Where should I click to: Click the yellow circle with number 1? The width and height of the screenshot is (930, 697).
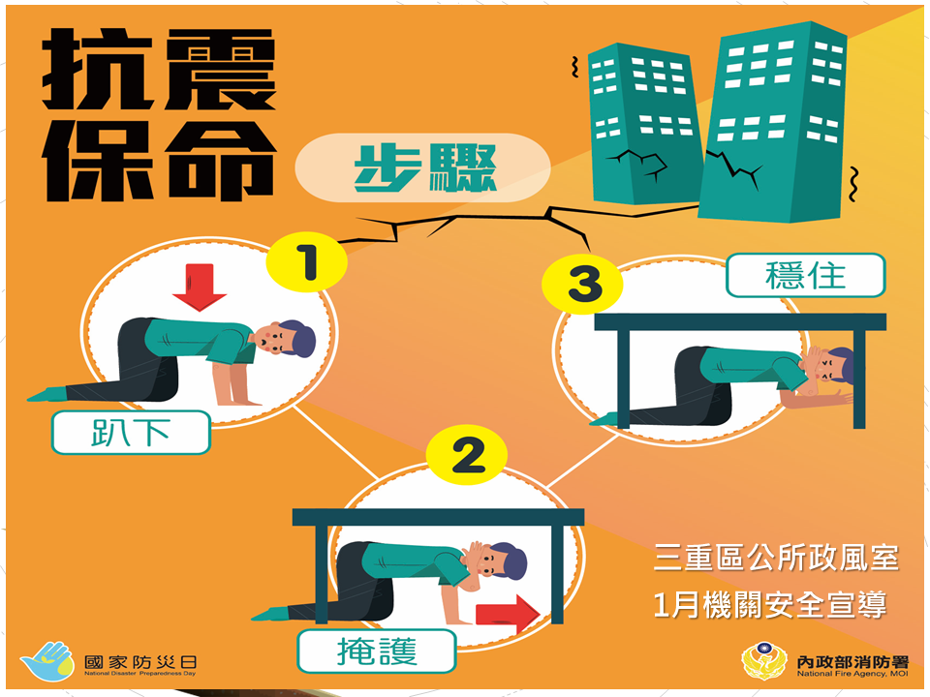(x=308, y=262)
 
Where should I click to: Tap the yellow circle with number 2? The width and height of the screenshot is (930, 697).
(x=468, y=456)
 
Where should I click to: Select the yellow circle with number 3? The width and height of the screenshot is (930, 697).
(x=584, y=284)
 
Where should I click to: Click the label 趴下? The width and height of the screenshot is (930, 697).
(x=131, y=433)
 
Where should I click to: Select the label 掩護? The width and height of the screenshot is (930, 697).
(x=376, y=651)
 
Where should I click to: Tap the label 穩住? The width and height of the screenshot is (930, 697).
(x=805, y=275)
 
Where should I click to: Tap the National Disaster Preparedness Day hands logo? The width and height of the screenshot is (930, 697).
(x=46, y=661)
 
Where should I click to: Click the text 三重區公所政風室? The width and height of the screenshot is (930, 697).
(x=776, y=559)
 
